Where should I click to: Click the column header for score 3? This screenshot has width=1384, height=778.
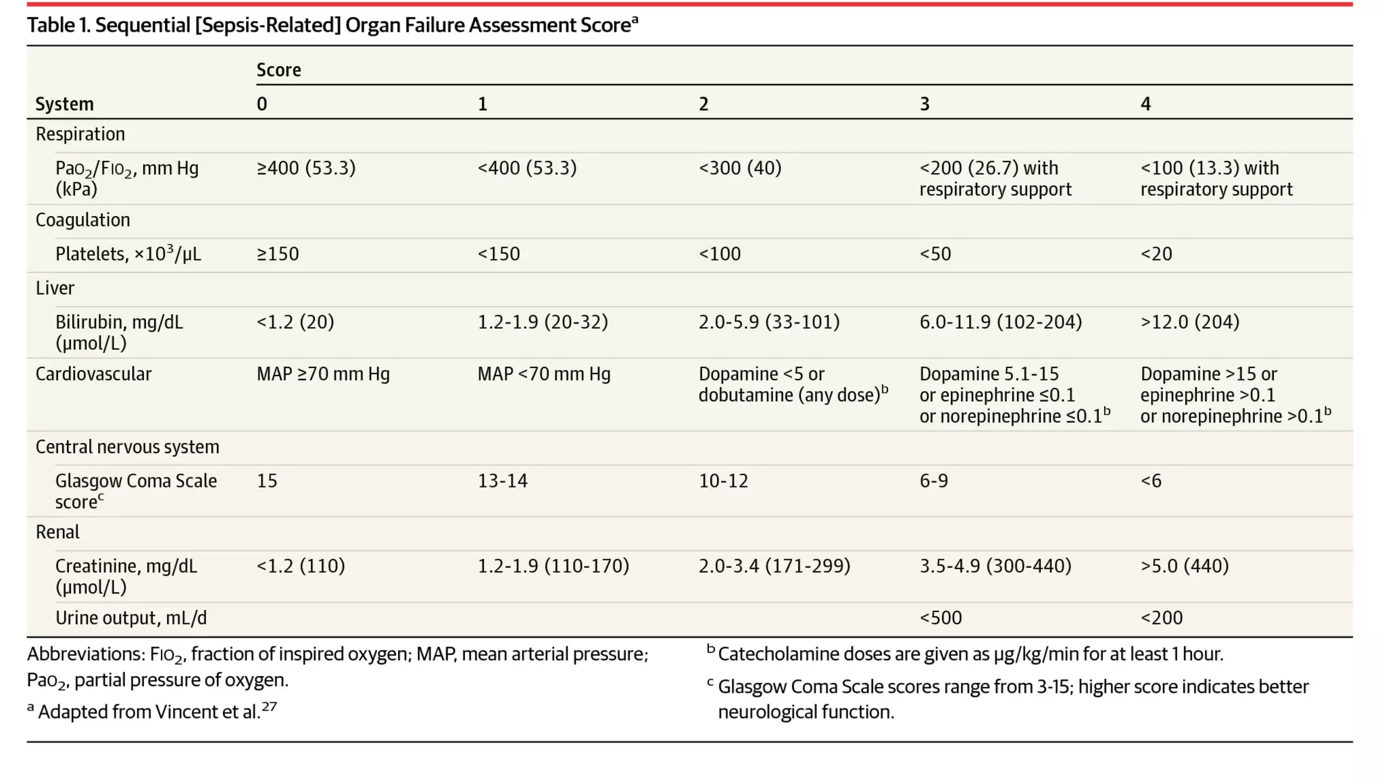click(924, 104)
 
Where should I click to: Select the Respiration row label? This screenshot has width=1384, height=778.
click(80, 134)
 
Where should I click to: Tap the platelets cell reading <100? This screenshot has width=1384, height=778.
click(719, 254)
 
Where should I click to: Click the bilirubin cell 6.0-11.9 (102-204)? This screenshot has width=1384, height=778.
click(1000, 322)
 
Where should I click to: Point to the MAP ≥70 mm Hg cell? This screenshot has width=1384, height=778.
click(323, 374)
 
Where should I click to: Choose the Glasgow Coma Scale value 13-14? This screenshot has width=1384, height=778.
click(502, 481)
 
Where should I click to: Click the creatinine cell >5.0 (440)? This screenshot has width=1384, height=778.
click(1184, 566)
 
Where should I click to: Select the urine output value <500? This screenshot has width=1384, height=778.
click(940, 618)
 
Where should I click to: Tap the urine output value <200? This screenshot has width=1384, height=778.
click(1161, 618)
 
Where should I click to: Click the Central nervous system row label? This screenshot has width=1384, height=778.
click(127, 447)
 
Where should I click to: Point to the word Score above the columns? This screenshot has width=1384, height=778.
click(278, 70)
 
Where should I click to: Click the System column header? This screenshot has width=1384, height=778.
click(64, 104)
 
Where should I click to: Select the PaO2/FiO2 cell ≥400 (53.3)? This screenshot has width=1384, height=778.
click(305, 168)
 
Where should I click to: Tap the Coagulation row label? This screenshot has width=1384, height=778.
click(82, 220)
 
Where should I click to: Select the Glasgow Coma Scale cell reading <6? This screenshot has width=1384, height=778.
click(1150, 481)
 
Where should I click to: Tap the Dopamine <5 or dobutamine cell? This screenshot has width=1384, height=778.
click(792, 384)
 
